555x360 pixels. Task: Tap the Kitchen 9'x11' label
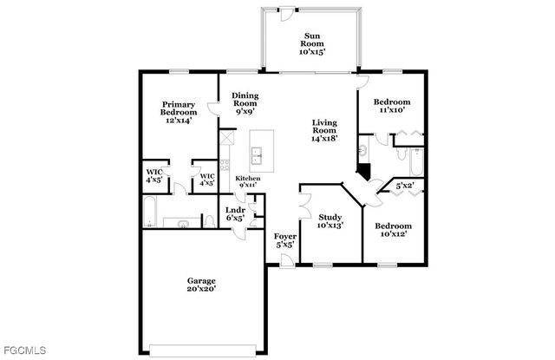248,181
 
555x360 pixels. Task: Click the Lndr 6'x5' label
235,214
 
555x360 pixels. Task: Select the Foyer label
285,239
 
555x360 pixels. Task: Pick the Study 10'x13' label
330,221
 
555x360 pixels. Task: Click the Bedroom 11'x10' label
392,107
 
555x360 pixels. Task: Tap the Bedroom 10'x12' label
390,229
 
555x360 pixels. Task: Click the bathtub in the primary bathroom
150,212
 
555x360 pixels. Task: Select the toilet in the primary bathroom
183,223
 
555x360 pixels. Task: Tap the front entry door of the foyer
286,260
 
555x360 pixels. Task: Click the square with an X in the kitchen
227,138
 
